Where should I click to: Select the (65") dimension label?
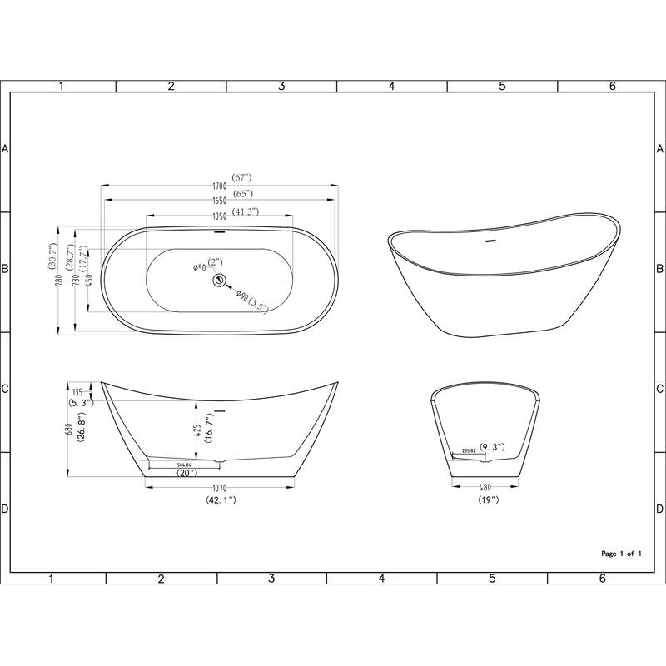pyautogui.click(x=243, y=194)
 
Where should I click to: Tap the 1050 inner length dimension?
pyautogui.click(x=219, y=213)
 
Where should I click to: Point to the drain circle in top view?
pyautogui.click(x=221, y=280)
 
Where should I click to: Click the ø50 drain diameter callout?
pyautogui.click(x=200, y=267)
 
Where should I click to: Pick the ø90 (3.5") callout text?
pyautogui.click(x=251, y=301)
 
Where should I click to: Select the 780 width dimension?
pyautogui.click(x=60, y=281)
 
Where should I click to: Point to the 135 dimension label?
pyautogui.click(x=77, y=391)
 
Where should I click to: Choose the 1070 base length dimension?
pyautogui.click(x=221, y=489)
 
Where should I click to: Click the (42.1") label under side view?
pyautogui.click(x=221, y=501)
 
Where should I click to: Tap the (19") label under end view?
pyautogui.click(x=489, y=501)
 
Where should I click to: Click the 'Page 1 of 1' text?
pyautogui.click(x=621, y=553)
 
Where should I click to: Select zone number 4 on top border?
pyautogui.click(x=391, y=86)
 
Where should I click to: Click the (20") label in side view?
pyautogui.click(x=186, y=473)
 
